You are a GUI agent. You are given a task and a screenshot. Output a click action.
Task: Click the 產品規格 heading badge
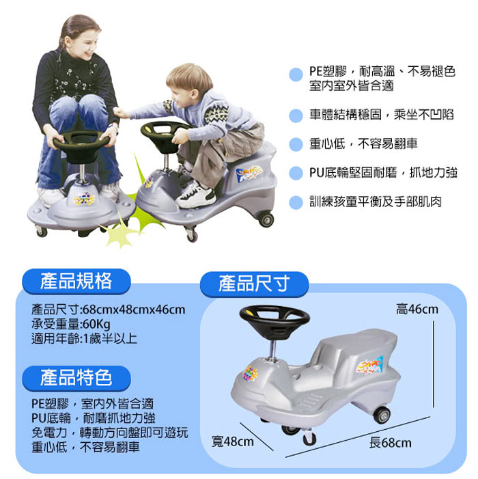tap(75, 280)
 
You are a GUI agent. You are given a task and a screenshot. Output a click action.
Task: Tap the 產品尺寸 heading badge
tap(254, 284)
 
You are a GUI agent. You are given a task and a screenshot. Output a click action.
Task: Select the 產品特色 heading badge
tap(75, 377)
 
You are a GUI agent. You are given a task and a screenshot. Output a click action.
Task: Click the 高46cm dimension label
tap(417, 310)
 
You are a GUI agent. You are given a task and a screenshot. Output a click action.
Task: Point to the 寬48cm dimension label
tap(232, 441)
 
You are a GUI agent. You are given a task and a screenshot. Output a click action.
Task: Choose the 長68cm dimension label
tap(390, 443)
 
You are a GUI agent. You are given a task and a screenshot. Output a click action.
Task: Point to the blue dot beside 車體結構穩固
tap(295, 115)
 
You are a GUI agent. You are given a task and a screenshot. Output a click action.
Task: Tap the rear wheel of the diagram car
tap(381, 414)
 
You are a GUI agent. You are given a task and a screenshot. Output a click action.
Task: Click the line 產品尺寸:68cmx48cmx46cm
tap(108, 310)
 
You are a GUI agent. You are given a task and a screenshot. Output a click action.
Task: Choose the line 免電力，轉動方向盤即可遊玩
tap(109, 433)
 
